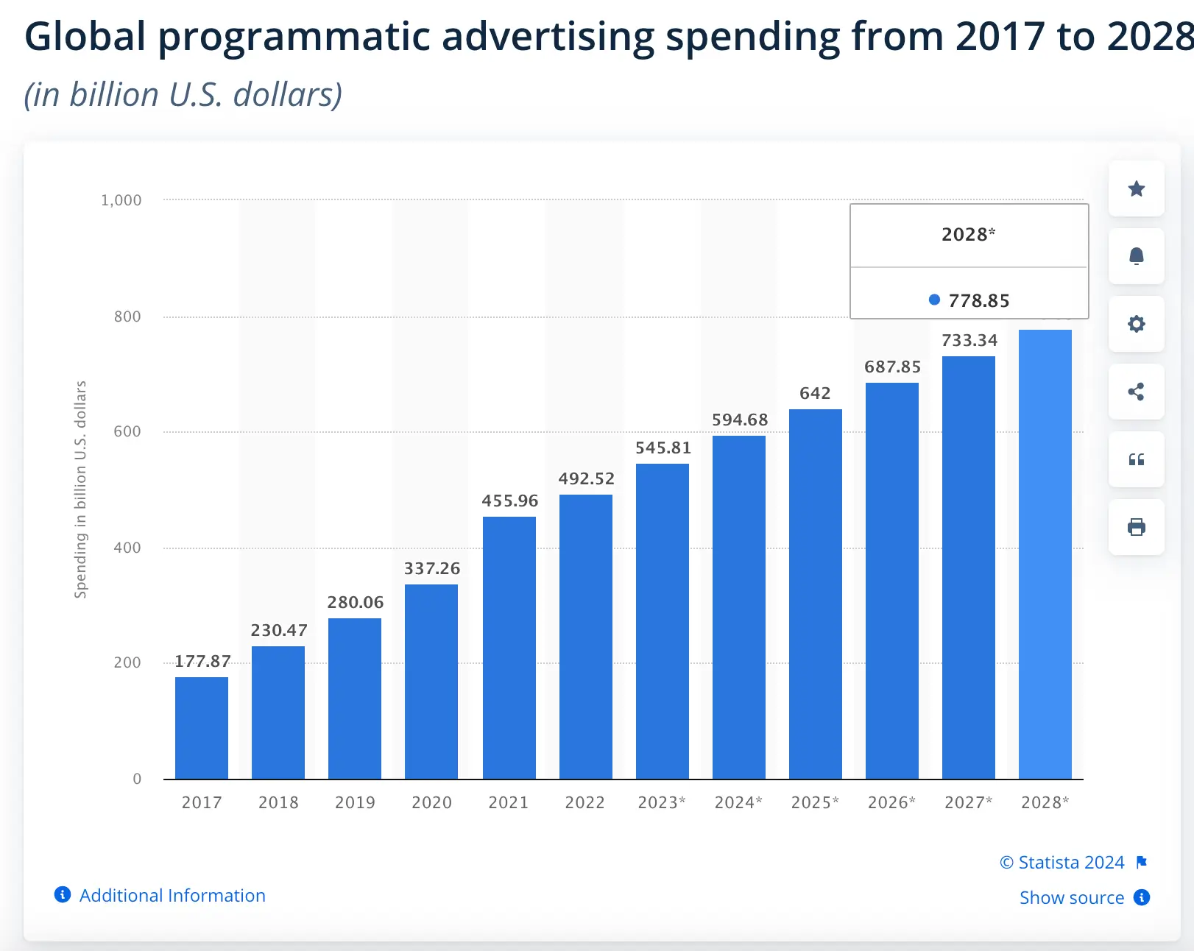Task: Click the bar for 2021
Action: (509, 648)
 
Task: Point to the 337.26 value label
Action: (432, 568)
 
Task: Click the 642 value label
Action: (815, 393)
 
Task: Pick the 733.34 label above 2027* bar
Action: (969, 340)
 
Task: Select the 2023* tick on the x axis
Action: (661, 802)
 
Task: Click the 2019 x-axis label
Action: (355, 802)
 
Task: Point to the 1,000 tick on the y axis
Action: (121, 200)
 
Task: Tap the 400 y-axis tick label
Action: (127, 548)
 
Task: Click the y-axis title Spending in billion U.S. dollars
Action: (80, 489)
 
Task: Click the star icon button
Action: (1137, 189)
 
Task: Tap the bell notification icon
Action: (1137, 256)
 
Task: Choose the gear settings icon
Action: (1137, 324)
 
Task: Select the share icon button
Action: (1137, 392)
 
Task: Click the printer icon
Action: (1137, 527)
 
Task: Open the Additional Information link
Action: (172, 895)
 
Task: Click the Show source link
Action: (1072, 898)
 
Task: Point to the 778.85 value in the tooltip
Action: (978, 300)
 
